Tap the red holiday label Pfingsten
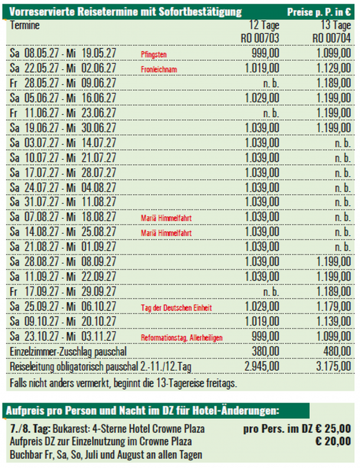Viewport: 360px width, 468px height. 153,54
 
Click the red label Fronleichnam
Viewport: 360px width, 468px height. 158,69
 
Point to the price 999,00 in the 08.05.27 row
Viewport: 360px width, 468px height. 266,54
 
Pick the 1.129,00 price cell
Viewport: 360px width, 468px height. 334,68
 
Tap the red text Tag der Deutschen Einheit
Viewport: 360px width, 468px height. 175,307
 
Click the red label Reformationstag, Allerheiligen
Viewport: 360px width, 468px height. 182,337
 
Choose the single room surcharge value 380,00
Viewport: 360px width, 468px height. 266,352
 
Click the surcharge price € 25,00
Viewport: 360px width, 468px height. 332,429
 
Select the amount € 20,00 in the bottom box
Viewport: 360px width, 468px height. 333,441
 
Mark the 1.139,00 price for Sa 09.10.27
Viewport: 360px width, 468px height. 334,322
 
